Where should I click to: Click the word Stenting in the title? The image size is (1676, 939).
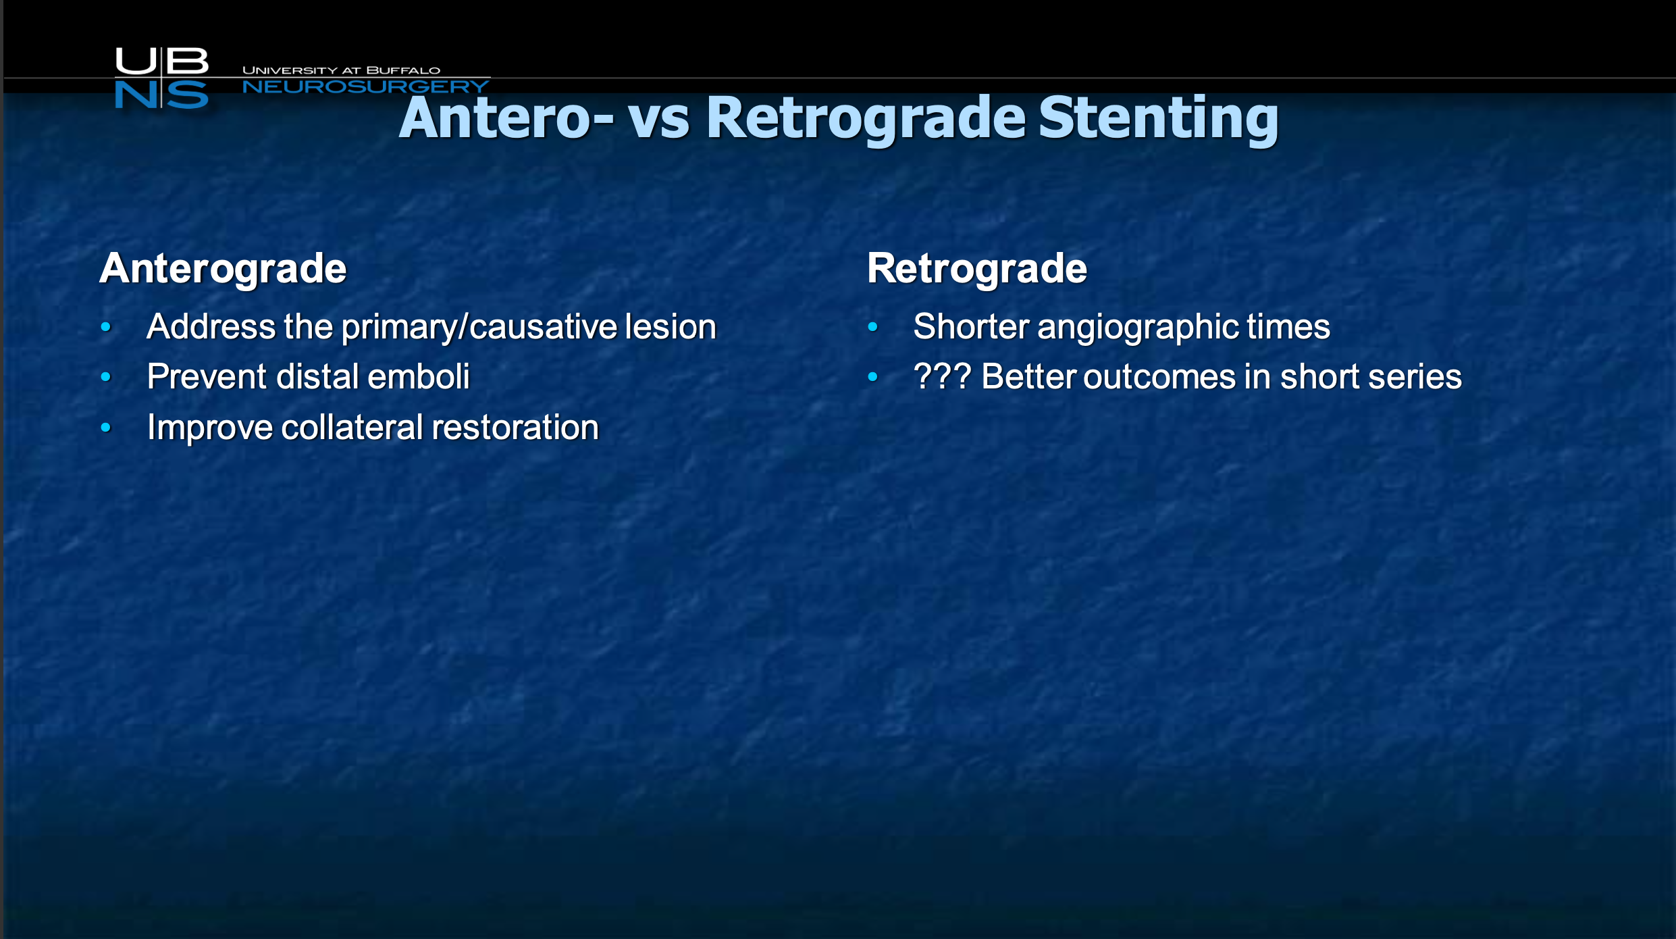(x=1158, y=120)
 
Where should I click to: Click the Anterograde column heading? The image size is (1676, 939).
(x=223, y=270)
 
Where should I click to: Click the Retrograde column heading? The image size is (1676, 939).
(x=977, y=270)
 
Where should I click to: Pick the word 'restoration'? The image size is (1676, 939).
(x=515, y=428)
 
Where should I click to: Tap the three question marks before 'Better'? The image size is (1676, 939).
(x=942, y=376)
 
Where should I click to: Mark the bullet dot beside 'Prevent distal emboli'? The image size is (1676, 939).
(x=105, y=377)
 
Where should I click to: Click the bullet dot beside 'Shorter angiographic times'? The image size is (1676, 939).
(x=872, y=327)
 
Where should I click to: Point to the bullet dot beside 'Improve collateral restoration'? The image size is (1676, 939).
(x=105, y=428)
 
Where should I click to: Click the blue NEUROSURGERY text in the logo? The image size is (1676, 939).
(x=365, y=86)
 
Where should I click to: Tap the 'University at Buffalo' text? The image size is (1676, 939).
(x=341, y=70)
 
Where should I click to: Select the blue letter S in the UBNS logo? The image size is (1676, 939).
(x=187, y=95)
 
